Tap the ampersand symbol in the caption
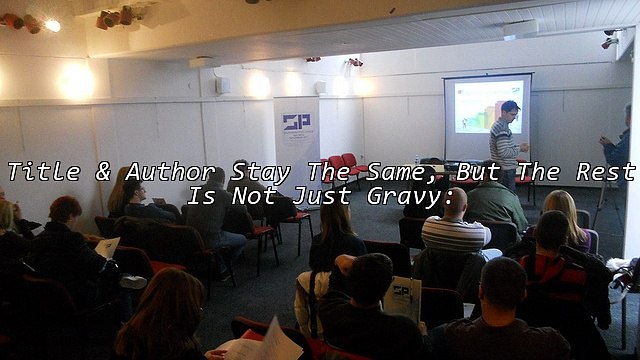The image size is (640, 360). (103, 172)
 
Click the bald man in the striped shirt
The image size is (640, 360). (454, 225)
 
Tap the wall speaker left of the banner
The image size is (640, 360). (222, 86)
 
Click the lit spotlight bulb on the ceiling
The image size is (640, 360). (52, 25)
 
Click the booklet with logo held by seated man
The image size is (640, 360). (402, 298)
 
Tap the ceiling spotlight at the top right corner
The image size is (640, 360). (610, 40)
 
